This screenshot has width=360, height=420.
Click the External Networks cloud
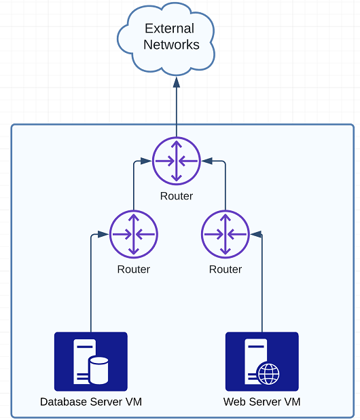166,39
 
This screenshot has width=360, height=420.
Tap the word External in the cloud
169,28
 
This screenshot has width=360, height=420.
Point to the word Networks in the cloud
171,45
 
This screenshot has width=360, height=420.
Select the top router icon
177,161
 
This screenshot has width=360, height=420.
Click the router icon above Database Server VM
134,234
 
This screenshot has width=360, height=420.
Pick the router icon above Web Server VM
226,234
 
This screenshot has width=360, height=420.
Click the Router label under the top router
177,196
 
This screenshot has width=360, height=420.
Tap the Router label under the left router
134,269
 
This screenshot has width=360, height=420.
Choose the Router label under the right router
226,269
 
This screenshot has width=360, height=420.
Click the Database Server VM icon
91,362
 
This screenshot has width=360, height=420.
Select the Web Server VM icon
262,362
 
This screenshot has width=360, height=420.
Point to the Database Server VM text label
91,402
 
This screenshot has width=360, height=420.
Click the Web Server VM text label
262,402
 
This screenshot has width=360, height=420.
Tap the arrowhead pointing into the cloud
177,82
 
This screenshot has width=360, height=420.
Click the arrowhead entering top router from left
146,161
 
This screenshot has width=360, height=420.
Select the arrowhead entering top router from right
206,161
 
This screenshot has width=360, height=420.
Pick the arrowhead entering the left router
103,234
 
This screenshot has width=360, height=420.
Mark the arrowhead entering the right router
255,234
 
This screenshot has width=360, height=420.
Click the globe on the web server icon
268,373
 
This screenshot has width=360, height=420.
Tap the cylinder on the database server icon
98,370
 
